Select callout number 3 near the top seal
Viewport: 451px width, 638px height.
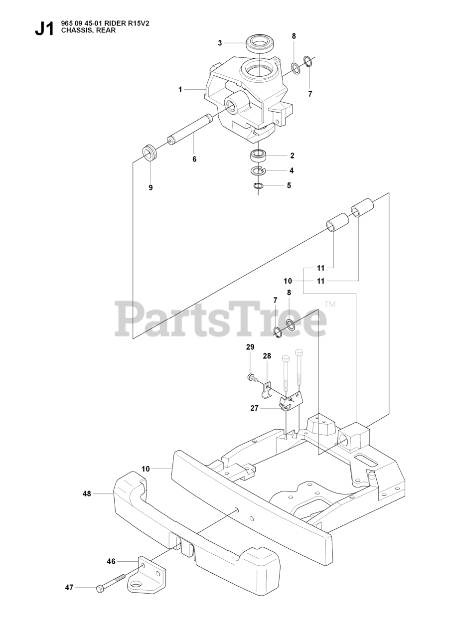[220, 43]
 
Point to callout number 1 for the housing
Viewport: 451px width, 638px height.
[180, 90]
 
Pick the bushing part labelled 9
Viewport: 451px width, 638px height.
[149, 152]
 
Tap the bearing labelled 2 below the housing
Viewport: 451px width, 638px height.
[259, 156]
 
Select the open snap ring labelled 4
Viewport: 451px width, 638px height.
[258, 171]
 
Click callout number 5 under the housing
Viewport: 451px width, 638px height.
[289, 185]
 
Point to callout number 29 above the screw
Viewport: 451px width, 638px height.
[250, 347]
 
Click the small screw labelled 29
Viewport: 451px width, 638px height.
[252, 377]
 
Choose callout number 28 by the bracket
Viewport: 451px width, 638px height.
[267, 356]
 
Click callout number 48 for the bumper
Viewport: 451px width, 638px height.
[87, 494]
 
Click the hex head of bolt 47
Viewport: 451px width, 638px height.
[100, 589]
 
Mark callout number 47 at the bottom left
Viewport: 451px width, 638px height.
[69, 588]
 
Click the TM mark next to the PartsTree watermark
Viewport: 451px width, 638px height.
[330, 304]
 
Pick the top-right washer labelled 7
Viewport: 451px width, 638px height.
[308, 62]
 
